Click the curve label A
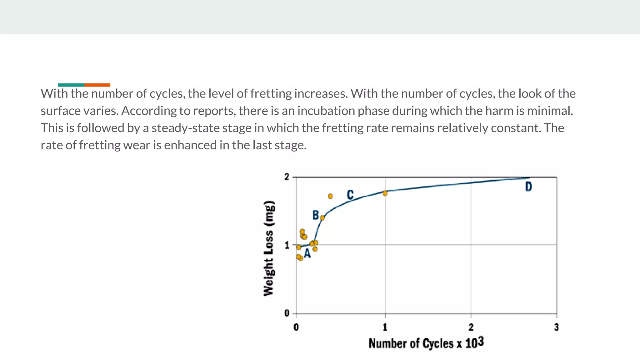pyautogui.click(x=307, y=254)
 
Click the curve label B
pyautogui.click(x=316, y=215)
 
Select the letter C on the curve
pyautogui.click(x=350, y=195)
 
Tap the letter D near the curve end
pyautogui.click(x=528, y=187)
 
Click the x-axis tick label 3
pyautogui.click(x=556, y=327)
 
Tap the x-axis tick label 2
pyautogui.click(x=471, y=327)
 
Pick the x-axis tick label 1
pyautogui.click(x=385, y=327)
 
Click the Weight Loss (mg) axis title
pyautogui.click(x=269, y=248)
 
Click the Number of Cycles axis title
pyautogui.click(x=426, y=343)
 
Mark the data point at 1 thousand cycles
pyautogui.click(x=385, y=193)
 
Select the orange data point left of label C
pyautogui.click(x=330, y=196)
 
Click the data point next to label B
pyautogui.click(x=322, y=217)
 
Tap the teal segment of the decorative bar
pyautogui.click(x=71, y=85)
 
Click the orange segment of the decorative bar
pyautogui.click(x=97, y=85)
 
